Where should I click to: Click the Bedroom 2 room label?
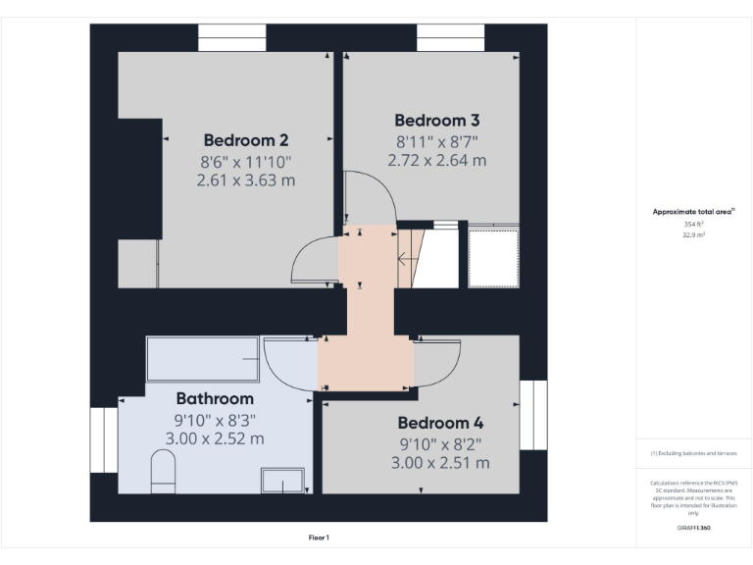[x=245, y=139]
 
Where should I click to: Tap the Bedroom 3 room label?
[x=436, y=120]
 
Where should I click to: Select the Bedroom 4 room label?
[x=440, y=423]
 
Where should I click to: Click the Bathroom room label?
[x=215, y=398]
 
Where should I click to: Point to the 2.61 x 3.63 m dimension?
[x=245, y=180]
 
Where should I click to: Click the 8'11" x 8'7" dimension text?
[x=436, y=141]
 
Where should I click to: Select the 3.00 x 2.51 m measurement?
[x=440, y=463]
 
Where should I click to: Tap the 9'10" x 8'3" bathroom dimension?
[x=215, y=420]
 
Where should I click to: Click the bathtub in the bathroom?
[x=203, y=359]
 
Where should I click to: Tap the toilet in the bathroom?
[x=163, y=472]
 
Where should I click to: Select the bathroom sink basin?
[x=282, y=481]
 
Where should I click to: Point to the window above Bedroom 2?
[x=232, y=38]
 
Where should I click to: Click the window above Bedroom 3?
[x=450, y=38]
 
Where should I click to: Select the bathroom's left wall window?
[x=104, y=439]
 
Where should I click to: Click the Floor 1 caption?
[x=320, y=538]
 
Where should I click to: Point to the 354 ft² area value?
[x=693, y=224]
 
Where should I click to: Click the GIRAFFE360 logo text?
[x=693, y=528]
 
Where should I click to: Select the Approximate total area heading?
[x=693, y=211]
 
